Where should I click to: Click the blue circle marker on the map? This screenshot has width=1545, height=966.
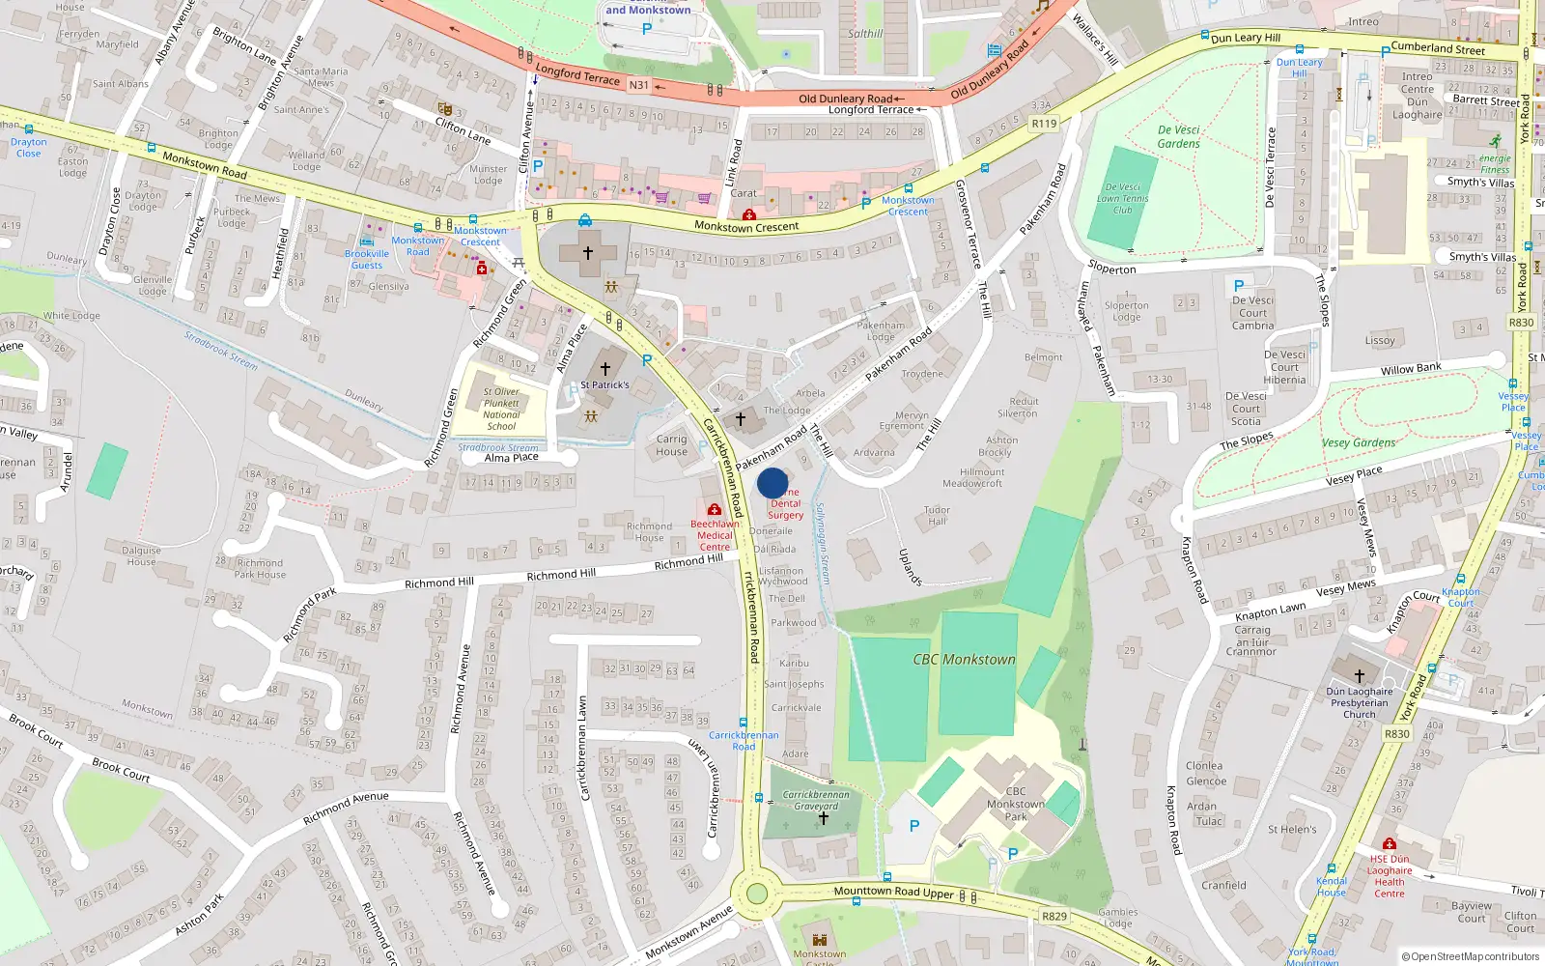[772, 483]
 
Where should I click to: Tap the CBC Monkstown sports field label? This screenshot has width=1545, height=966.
[964, 660]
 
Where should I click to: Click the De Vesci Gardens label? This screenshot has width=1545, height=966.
[1178, 136]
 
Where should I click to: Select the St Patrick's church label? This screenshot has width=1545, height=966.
[604, 384]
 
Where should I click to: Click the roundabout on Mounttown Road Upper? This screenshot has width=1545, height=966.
[756, 894]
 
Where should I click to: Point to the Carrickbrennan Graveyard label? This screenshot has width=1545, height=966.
[816, 800]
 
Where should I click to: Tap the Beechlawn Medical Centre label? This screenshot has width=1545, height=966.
[715, 535]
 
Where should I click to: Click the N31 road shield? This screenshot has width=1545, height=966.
[638, 85]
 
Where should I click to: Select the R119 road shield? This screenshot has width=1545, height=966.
[1044, 123]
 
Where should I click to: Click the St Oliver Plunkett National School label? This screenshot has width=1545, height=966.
[501, 409]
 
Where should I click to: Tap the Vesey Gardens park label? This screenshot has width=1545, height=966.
[1359, 442]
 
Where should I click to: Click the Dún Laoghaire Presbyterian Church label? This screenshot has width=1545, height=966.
[1359, 702]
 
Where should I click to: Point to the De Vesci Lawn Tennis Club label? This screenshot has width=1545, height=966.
[1122, 198]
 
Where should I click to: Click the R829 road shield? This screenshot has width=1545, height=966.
[1053, 916]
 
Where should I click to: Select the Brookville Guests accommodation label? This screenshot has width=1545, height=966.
[366, 259]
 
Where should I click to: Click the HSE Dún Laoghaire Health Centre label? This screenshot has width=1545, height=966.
[1390, 876]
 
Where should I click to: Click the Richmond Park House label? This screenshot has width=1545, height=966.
[260, 568]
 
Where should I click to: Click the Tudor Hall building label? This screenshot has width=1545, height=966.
[937, 515]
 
